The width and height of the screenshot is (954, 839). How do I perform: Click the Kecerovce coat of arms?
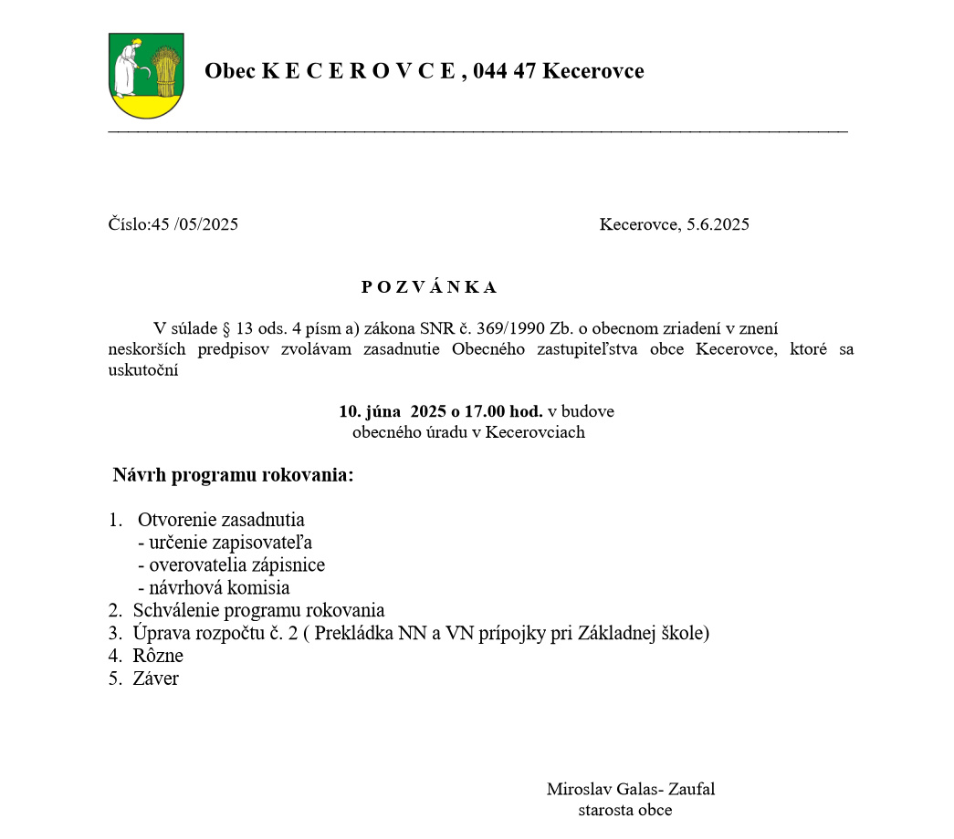tap(146, 76)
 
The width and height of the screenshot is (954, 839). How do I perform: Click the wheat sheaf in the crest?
tap(165, 72)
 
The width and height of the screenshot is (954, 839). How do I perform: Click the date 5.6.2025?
tap(718, 224)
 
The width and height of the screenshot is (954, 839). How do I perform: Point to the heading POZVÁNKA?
tap(429, 287)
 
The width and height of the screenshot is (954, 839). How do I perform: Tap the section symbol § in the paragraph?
tap(226, 328)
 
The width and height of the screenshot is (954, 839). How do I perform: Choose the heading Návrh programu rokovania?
tap(233, 475)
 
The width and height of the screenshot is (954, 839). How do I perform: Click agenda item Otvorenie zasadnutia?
tap(221, 521)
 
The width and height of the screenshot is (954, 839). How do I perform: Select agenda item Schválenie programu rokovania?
tap(258, 610)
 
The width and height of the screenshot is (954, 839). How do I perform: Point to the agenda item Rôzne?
tap(158, 656)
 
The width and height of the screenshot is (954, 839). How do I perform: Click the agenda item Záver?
tap(156, 678)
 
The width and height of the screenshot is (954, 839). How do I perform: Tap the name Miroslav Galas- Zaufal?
tap(631, 789)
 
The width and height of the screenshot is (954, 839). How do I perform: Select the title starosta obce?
tap(625, 810)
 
